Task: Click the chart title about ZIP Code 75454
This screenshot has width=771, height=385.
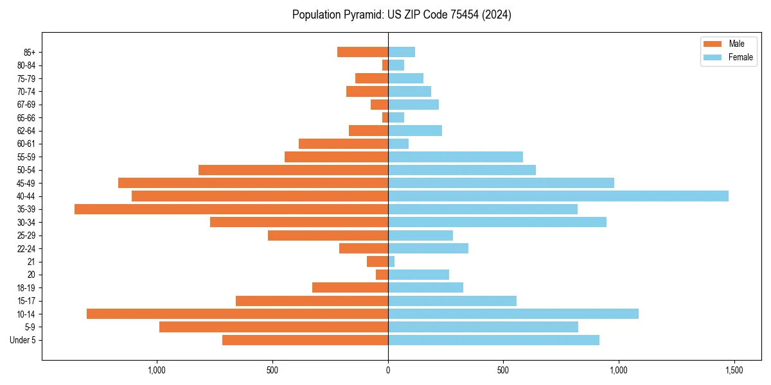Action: [402, 15]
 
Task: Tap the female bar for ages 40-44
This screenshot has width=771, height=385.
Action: [558, 196]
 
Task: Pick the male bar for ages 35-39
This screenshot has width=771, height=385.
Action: [231, 209]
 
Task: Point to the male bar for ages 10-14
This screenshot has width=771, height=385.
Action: [237, 314]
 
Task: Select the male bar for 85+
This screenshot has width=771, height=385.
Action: [362, 52]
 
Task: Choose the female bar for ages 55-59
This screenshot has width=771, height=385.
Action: [455, 157]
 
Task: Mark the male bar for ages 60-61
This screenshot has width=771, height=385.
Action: [343, 144]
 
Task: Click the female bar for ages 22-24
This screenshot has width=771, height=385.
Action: [428, 248]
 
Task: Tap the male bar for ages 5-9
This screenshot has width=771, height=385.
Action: [274, 327]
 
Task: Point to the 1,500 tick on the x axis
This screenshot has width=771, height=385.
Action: [734, 371]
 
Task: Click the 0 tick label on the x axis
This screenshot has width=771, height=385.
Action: [388, 371]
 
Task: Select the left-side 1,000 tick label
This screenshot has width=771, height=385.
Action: [157, 371]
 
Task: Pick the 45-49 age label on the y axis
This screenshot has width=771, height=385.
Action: [26, 183]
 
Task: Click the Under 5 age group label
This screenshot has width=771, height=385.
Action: [22, 340]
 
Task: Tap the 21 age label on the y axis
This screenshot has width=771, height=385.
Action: [31, 262]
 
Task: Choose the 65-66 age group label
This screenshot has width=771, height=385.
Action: [26, 117]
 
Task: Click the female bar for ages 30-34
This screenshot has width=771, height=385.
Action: [497, 222]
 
